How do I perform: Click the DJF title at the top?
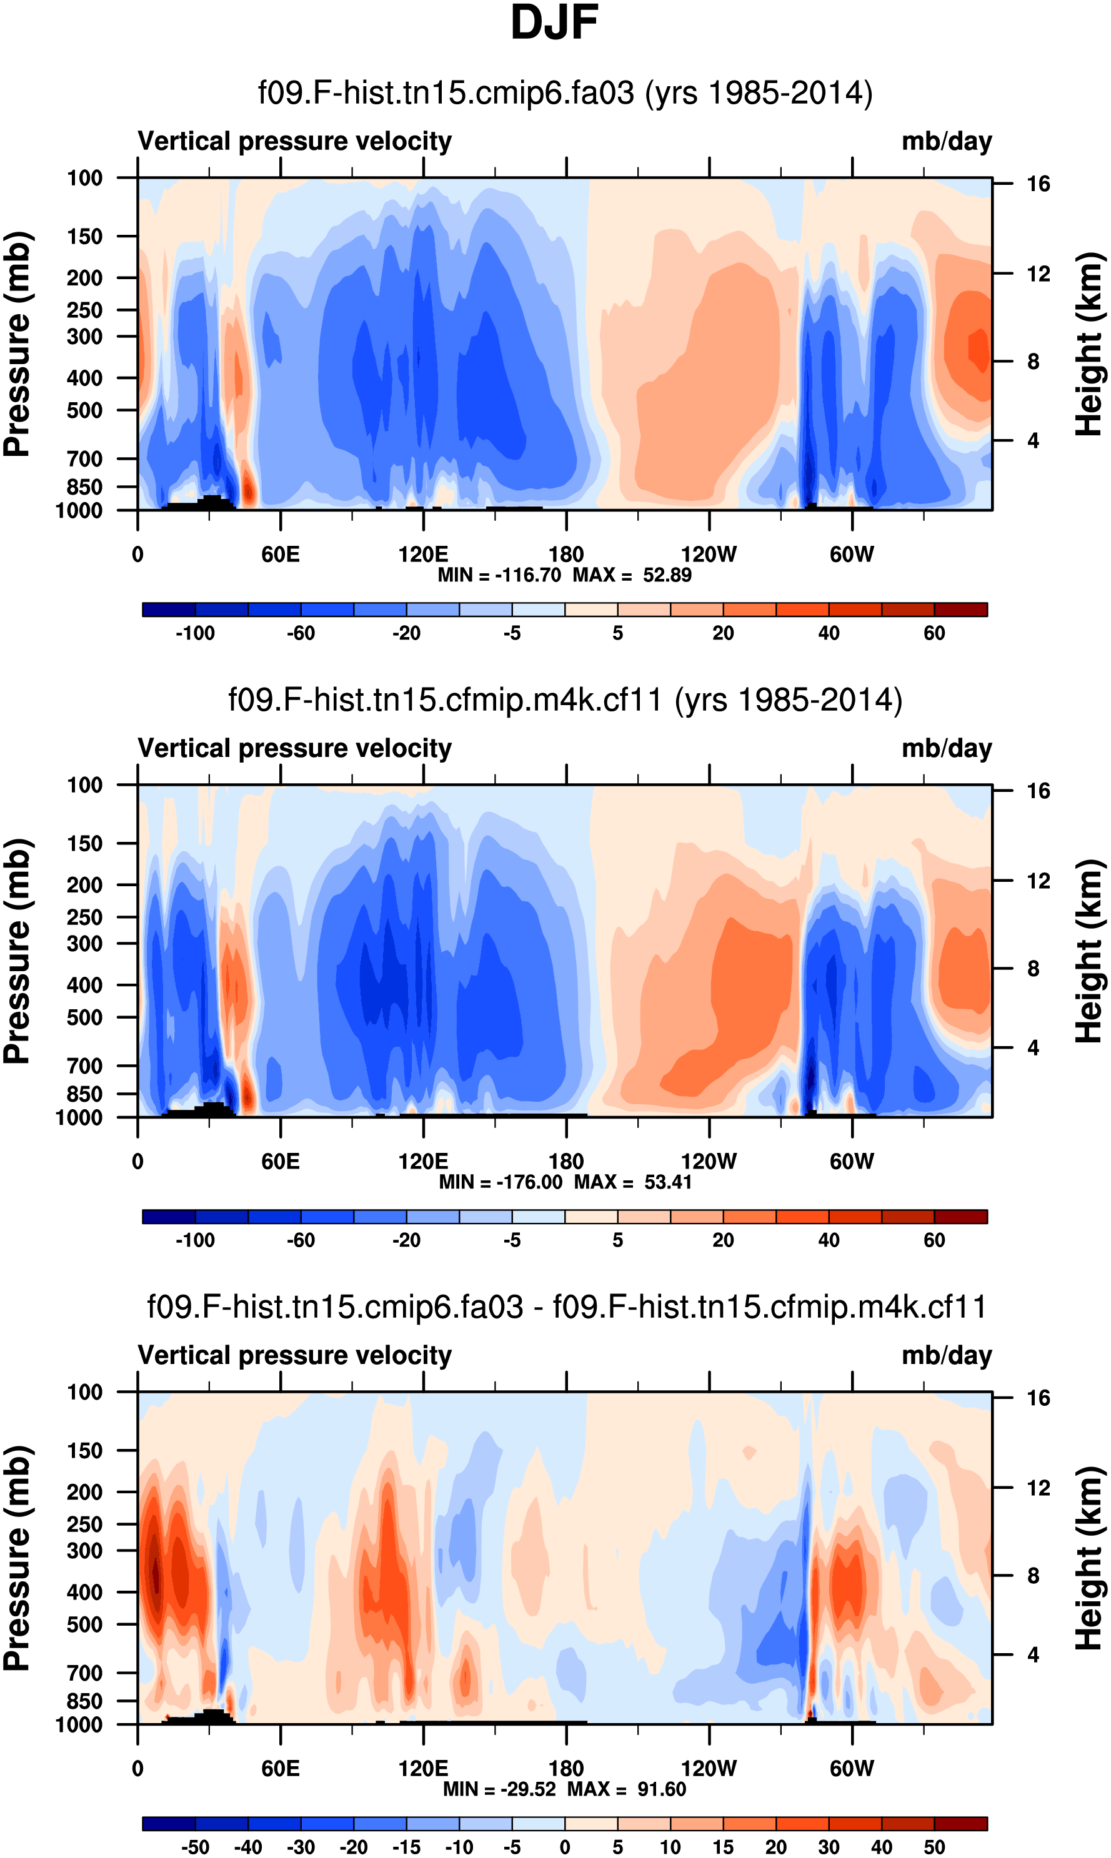click(x=554, y=22)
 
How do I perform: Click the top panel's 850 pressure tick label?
click(x=84, y=487)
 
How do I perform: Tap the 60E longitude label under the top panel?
click(x=280, y=555)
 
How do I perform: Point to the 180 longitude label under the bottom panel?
click(x=566, y=1768)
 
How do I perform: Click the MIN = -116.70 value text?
click(x=499, y=575)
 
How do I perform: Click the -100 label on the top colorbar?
click(x=195, y=633)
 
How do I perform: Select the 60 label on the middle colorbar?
click(x=934, y=1240)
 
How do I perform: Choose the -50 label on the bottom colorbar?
click(x=195, y=1847)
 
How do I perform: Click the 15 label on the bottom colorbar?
click(x=722, y=1847)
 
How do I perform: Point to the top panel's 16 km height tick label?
click(x=1038, y=184)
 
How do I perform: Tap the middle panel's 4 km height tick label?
click(x=1033, y=1047)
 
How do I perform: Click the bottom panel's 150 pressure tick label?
click(x=84, y=1450)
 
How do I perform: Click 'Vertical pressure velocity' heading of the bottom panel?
click(x=295, y=1355)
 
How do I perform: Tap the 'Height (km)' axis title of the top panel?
click(x=1089, y=344)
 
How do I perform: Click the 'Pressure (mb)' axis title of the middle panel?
click(x=16, y=951)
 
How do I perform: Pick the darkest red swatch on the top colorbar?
click(x=960, y=609)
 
